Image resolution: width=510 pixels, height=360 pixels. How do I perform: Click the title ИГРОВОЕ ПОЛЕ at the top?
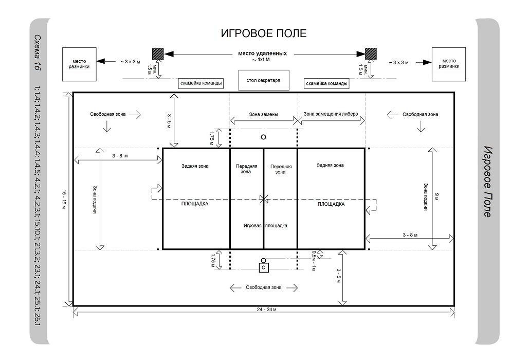click(263, 33)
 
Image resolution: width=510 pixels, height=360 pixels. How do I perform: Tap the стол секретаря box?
click(264, 80)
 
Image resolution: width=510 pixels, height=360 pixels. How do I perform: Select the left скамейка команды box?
click(201, 83)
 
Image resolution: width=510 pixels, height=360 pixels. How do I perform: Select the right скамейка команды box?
click(326, 84)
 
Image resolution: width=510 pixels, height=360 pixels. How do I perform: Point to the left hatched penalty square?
click(158, 53)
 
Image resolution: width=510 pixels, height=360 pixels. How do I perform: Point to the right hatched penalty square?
click(371, 53)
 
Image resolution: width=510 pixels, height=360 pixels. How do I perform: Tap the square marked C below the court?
click(264, 267)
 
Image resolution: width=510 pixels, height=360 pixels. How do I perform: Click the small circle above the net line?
click(263, 137)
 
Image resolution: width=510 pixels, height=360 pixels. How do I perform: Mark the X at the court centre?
click(264, 199)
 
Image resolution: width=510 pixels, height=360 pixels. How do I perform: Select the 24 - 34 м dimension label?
click(266, 309)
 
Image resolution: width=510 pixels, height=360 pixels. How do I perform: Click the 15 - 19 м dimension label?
click(64, 199)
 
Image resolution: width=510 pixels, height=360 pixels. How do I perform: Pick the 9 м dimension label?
click(437, 196)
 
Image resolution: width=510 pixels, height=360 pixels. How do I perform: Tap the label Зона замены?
click(263, 114)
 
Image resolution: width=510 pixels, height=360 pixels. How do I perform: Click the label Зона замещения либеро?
click(331, 114)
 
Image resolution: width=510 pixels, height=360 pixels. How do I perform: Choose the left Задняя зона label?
click(195, 166)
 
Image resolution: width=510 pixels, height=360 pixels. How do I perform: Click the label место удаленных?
click(263, 53)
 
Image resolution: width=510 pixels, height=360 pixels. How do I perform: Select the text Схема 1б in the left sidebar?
click(38, 52)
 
